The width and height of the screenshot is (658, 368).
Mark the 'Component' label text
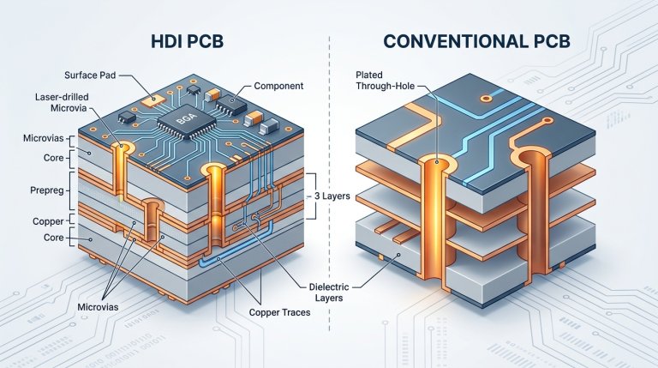pyautogui.click(x=280, y=87)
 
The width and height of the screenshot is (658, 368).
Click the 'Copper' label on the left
pyautogui.click(x=43, y=221)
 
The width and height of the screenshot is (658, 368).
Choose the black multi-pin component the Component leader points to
pyautogui.click(x=228, y=105)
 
